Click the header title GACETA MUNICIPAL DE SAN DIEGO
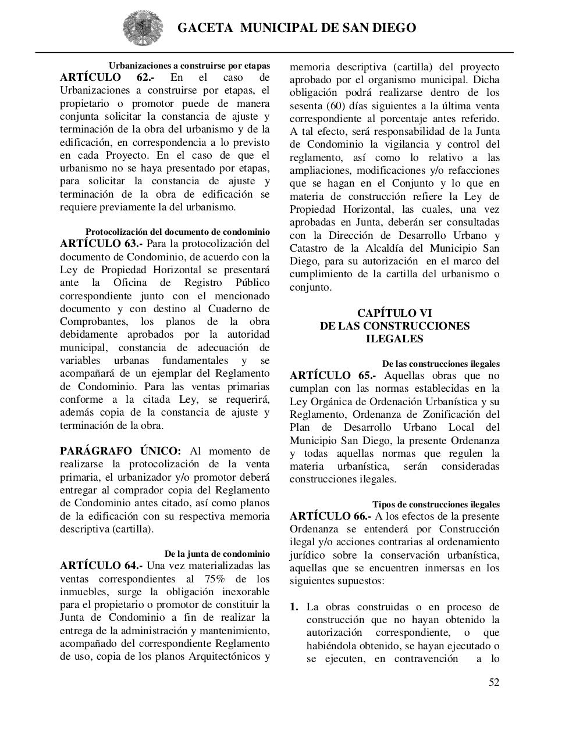click(x=296, y=28)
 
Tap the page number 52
click(x=493, y=682)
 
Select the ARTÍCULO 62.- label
click(x=107, y=78)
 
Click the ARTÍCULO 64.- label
click(x=101, y=566)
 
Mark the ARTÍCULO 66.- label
click(x=330, y=516)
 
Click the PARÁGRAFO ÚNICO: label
click(x=120, y=451)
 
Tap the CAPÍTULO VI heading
click(x=394, y=313)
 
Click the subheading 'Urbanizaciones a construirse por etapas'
click(x=189, y=65)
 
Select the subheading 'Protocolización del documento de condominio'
click(x=177, y=231)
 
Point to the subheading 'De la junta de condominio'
click(x=217, y=554)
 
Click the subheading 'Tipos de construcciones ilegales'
click(x=436, y=505)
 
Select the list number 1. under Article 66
click(x=294, y=607)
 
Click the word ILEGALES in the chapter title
click(x=394, y=339)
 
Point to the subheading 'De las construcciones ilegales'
click(x=440, y=364)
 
